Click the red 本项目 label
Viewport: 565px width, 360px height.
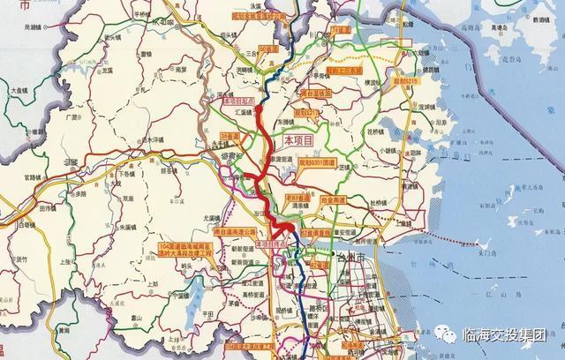(298, 140)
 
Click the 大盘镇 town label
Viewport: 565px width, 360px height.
(19, 90)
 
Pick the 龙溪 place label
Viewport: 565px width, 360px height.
(107, 70)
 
